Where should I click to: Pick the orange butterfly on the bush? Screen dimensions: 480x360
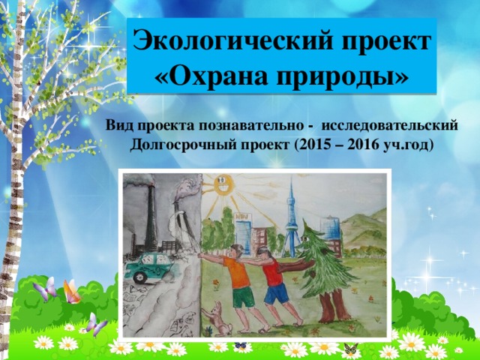72,292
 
